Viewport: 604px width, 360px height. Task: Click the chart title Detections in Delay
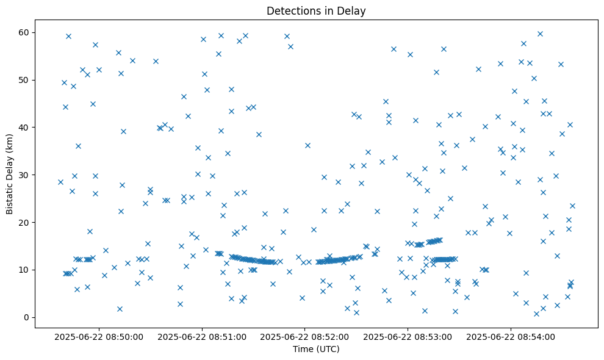coord(316,11)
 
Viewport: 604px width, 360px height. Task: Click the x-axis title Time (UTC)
coord(316,349)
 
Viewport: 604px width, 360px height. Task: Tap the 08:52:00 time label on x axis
coord(304,336)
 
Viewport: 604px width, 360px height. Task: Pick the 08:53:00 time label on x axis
coord(407,336)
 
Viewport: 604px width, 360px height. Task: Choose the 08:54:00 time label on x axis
coord(510,336)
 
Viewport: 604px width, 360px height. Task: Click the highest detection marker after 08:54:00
coord(540,34)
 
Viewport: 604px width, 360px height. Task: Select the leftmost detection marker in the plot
coord(60,182)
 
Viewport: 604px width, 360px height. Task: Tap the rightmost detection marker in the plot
coord(572,206)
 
